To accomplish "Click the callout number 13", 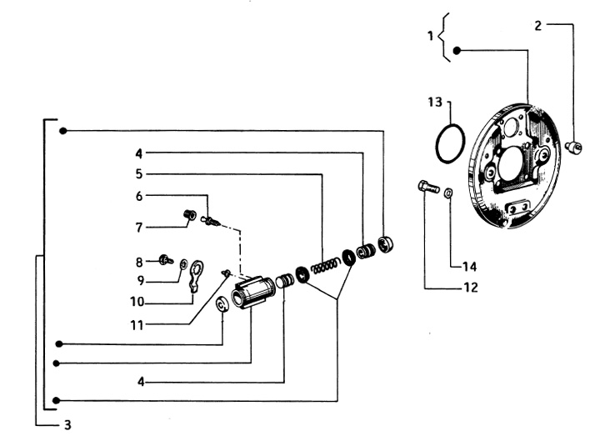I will click(x=432, y=103).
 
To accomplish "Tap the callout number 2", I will click(x=538, y=25).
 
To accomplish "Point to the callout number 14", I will click(x=469, y=267).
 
